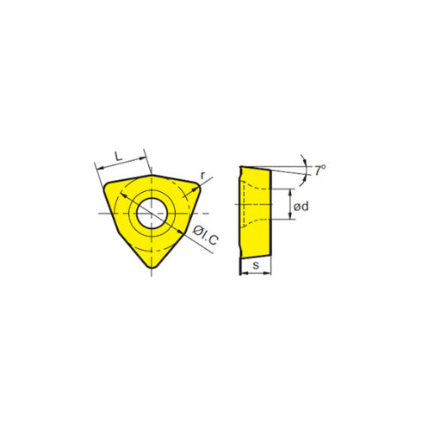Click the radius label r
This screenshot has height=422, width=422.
202,176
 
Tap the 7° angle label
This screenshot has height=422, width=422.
320,171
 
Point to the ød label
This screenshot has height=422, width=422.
301,207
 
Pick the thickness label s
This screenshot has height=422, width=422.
256,264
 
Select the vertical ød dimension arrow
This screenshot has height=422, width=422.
289,203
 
